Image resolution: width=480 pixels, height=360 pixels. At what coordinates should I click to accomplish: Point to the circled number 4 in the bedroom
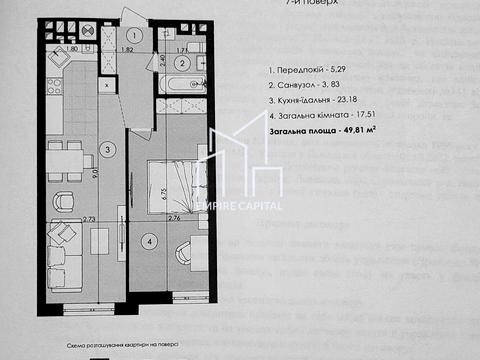pos(148,240)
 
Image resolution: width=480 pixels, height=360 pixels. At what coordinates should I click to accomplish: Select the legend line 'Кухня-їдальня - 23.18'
pos(319,102)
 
